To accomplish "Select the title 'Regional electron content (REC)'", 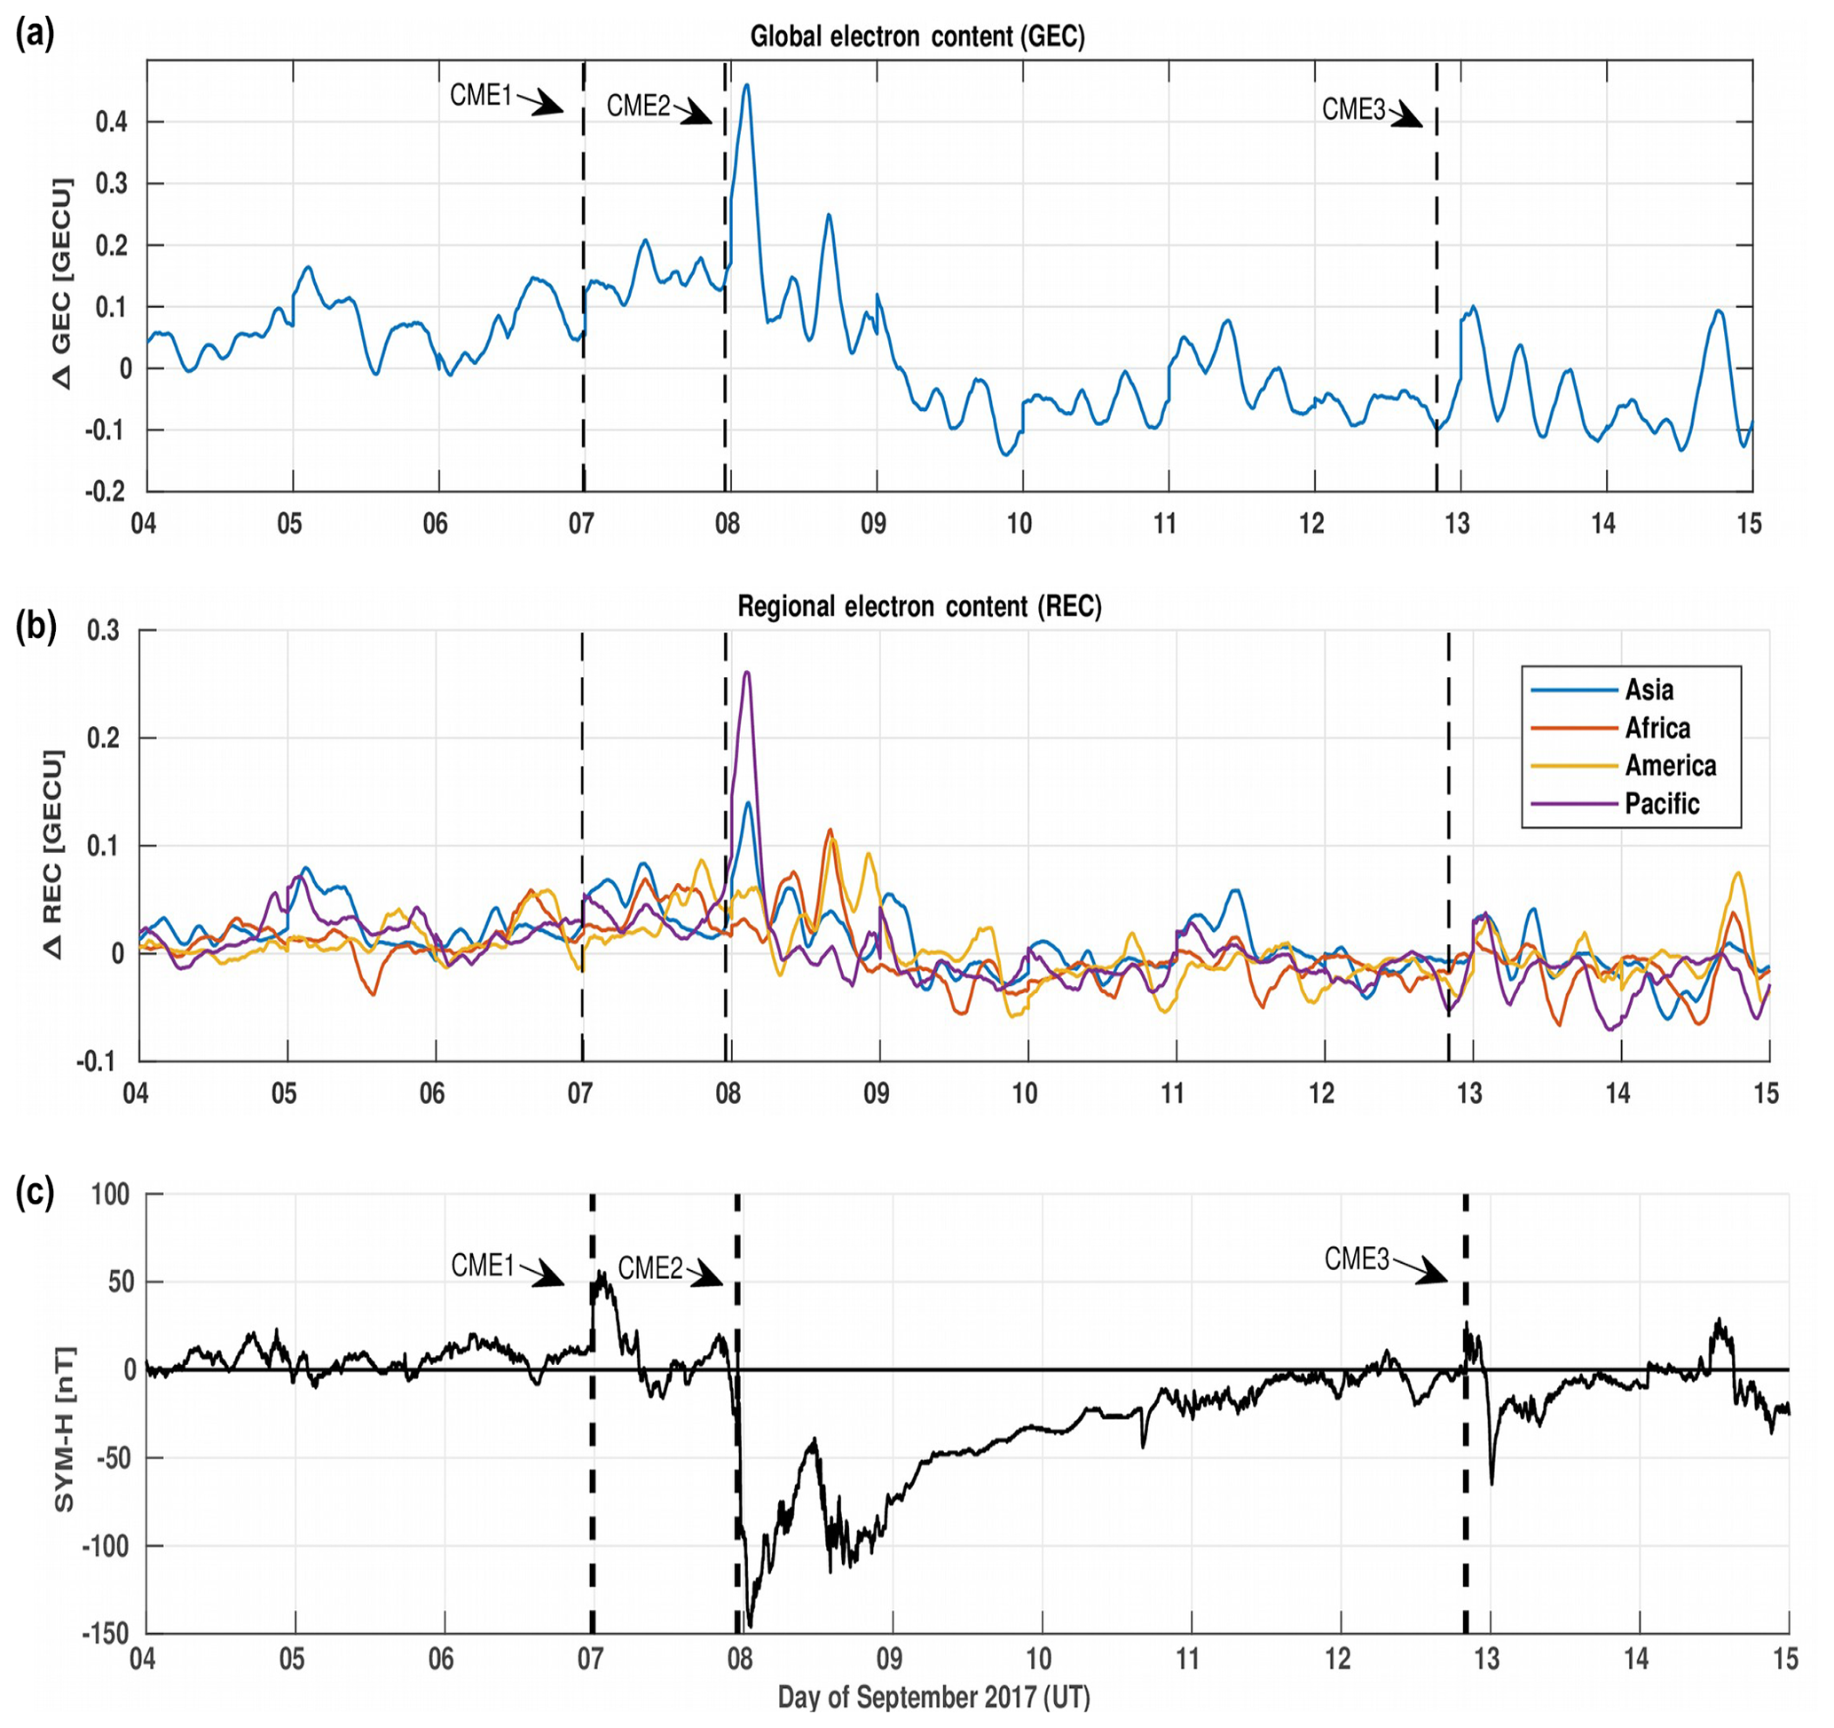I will [919, 606].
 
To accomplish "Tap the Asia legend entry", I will [1649, 690].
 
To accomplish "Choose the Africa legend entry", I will [1657, 728].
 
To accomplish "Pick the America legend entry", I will [1670, 766].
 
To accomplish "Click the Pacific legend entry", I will [1662, 803].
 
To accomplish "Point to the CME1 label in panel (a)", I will [481, 95].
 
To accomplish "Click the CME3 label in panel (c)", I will [1356, 1259].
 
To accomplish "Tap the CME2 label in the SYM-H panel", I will [649, 1267].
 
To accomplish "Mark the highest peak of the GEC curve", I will [746, 85].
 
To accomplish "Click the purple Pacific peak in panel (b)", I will [746, 673].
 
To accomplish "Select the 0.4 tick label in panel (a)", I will [112, 122].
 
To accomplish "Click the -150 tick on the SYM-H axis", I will [106, 1634].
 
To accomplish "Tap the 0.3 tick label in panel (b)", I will [103, 631].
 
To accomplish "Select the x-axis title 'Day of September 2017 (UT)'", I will [933, 1697].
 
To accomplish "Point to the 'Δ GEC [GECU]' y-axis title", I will [61, 282].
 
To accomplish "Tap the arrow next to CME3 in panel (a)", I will [1407, 117].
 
